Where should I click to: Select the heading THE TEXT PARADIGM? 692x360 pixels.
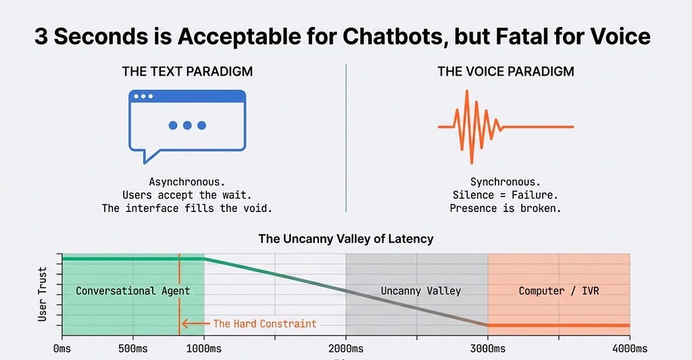(188, 72)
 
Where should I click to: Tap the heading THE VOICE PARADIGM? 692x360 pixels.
(505, 72)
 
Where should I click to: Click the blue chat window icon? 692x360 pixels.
(187, 126)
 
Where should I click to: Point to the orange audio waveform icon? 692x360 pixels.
(505, 127)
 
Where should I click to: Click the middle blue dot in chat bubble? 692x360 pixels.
(187, 126)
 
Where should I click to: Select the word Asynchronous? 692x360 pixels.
(187, 182)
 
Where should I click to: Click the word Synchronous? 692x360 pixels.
(505, 182)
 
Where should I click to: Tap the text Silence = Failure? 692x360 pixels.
(505, 195)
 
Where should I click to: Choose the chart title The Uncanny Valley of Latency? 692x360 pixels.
(346, 238)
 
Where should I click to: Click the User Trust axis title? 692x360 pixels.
(43, 294)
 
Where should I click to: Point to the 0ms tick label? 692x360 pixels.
(61, 349)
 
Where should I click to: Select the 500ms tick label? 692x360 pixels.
(133, 349)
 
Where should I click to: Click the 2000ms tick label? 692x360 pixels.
(346, 349)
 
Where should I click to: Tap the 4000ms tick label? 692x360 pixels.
(630, 349)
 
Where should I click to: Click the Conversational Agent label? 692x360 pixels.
(133, 290)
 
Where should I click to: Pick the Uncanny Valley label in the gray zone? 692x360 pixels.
(420, 290)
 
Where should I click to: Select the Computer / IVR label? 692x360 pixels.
(559, 290)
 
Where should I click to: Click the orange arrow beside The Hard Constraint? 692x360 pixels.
(195, 324)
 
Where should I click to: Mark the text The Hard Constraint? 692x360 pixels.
(265, 324)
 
